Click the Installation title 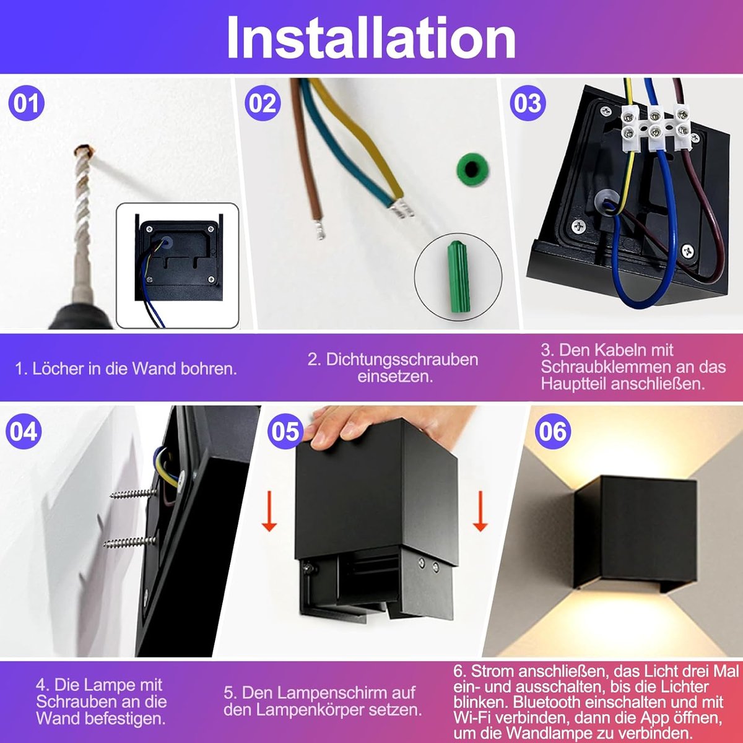tap(371, 37)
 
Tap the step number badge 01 tap(26, 103)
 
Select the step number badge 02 tap(263, 103)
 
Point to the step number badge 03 tap(528, 103)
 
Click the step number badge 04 tap(24, 431)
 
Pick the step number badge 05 tap(285, 431)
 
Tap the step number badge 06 tap(552, 431)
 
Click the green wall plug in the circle tap(458, 276)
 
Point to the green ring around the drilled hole tap(472, 169)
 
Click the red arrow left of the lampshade tap(269, 511)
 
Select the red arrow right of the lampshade tap(480, 511)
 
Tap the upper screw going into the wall tap(134, 493)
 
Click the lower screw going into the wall tap(130, 542)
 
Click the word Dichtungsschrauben tap(402, 359)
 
